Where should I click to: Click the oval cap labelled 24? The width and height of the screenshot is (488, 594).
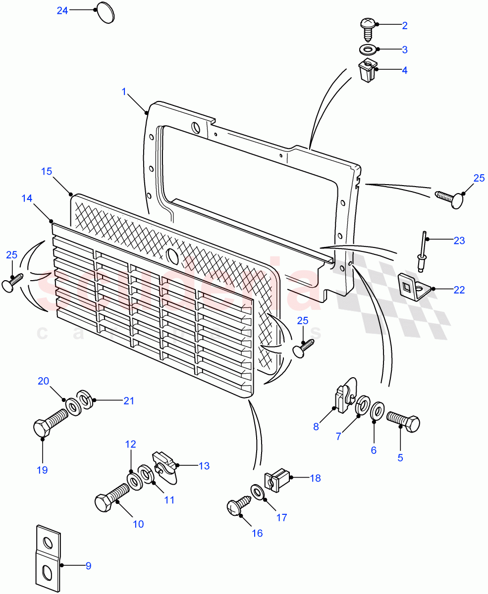tap(105, 12)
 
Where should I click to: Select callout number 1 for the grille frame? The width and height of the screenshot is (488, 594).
tap(124, 92)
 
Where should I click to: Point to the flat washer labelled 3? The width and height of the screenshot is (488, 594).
tap(367, 49)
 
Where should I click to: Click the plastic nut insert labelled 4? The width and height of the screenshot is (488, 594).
tap(367, 71)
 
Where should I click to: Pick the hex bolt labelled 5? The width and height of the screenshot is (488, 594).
tap(403, 421)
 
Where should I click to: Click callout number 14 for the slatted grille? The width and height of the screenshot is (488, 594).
tap(27, 198)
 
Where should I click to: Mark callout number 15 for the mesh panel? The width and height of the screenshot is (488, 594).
tap(47, 171)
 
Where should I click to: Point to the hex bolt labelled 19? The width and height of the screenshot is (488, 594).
tap(50, 422)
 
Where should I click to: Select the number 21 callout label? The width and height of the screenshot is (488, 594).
tap(129, 401)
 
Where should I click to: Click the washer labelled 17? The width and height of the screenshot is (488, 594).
tap(257, 493)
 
